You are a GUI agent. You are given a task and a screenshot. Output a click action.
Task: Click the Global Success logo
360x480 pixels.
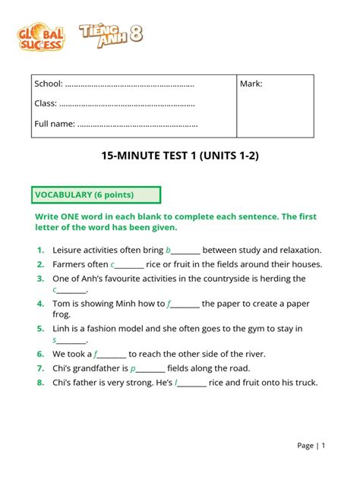pos(41,36)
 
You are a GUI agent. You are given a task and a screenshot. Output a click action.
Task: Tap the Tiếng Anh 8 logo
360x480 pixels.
pos(110,34)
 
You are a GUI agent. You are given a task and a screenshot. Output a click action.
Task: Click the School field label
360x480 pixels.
pos(49,84)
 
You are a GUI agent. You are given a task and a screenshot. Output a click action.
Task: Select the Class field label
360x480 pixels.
pos(46,103)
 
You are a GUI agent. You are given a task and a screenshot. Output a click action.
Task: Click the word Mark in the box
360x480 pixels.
pos(251,84)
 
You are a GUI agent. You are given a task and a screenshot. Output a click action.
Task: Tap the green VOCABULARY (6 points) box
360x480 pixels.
pos(96,195)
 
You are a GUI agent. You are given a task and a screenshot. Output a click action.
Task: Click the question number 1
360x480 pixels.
pos(39,250)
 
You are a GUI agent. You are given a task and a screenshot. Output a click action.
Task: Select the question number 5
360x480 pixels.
pos(39,329)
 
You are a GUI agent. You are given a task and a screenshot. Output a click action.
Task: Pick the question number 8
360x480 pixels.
pos(39,383)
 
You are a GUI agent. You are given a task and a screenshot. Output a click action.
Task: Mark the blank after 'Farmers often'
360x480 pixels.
pos(128,264)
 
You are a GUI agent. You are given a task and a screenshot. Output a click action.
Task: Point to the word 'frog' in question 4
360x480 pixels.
pos(62,314)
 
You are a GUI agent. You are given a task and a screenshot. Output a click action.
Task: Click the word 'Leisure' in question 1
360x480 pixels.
pos(68,250)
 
